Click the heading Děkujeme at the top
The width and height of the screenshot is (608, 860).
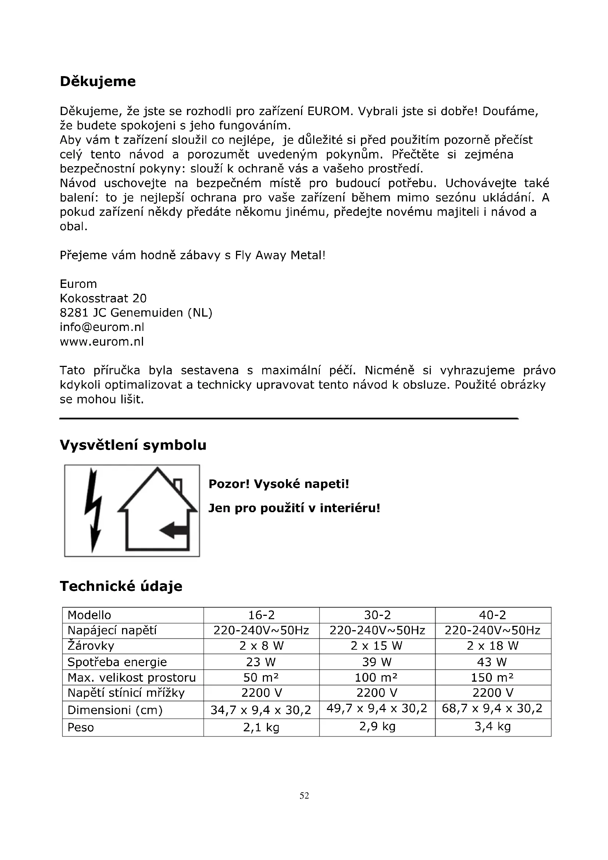click(98, 82)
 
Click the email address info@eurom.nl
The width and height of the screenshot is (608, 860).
click(102, 327)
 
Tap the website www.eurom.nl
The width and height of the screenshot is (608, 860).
click(102, 342)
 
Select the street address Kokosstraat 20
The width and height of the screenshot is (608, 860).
click(103, 298)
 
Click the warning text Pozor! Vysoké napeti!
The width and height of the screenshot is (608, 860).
click(279, 484)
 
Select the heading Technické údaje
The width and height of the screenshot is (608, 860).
click(121, 586)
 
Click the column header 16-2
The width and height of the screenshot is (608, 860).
click(261, 615)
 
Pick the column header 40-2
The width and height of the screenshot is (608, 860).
click(493, 615)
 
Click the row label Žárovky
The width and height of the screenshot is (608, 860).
click(91, 646)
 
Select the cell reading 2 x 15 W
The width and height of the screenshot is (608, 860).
click(377, 646)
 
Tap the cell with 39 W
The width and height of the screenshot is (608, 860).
click(377, 662)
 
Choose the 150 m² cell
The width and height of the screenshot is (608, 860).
click(492, 678)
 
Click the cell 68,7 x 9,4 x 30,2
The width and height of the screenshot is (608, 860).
click(492, 708)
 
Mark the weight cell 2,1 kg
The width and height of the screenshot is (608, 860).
click(261, 727)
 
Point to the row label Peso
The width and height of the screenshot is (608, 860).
click(81, 727)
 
